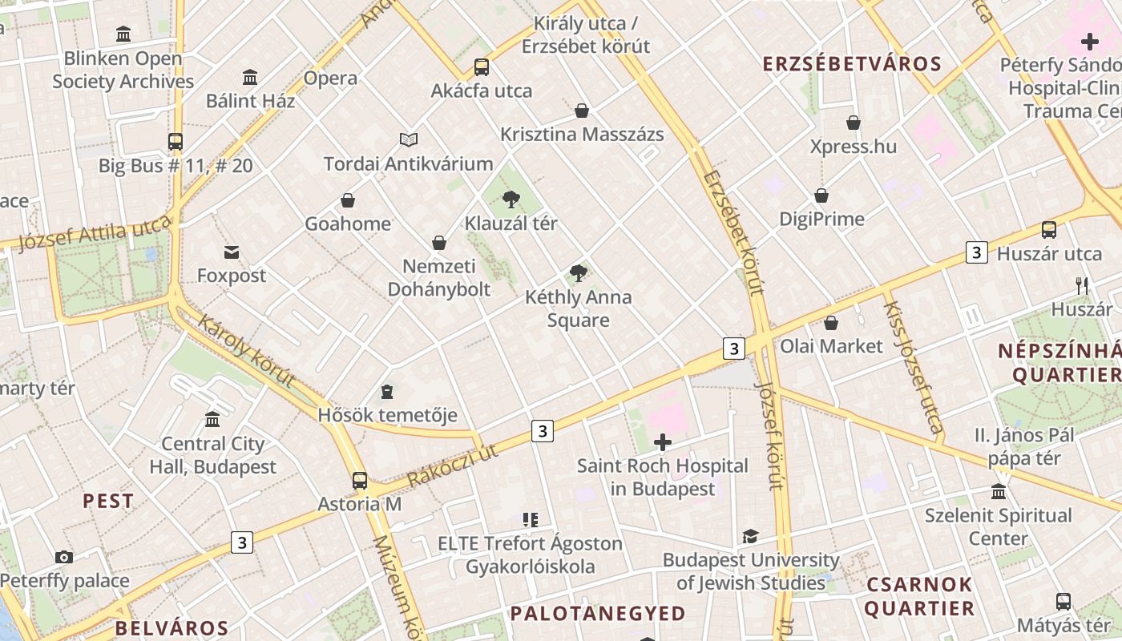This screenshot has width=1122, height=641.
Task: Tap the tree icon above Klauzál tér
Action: tap(511, 200)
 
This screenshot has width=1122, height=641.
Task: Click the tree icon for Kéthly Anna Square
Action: tap(578, 273)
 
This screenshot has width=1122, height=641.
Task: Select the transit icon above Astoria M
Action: tap(360, 481)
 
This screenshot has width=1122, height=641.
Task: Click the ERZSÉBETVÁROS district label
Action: tap(852, 64)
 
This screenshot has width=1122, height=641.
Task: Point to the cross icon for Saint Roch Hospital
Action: tap(663, 442)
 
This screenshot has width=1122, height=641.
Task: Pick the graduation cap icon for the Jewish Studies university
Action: tap(750, 536)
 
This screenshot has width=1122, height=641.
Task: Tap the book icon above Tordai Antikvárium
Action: tap(409, 140)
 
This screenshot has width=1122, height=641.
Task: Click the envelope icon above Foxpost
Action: tap(232, 252)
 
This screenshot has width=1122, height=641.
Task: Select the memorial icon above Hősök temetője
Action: tap(387, 392)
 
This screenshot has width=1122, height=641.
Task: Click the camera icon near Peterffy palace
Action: tap(64, 557)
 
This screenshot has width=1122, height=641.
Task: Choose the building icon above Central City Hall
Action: tap(212, 420)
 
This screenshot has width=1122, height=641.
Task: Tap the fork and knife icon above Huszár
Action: tap(1082, 285)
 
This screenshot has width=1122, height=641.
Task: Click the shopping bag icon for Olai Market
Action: tap(831, 323)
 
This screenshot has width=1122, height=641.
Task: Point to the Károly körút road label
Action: tap(246, 352)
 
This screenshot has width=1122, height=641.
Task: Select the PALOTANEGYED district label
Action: tap(598, 614)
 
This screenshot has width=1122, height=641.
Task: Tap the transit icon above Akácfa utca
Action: tap(481, 67)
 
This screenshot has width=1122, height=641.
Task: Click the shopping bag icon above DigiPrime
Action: tap(821, 196)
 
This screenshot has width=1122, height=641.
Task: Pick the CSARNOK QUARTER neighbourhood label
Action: tap(919, 596)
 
